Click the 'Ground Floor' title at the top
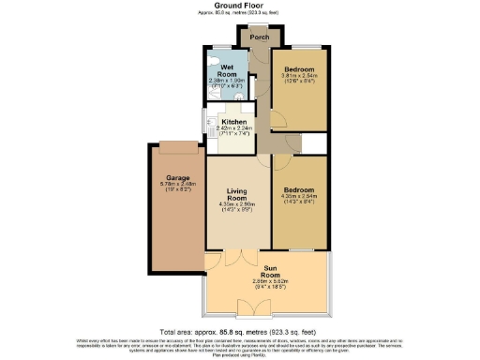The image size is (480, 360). point(239,5)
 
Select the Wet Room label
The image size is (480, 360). point(225,68)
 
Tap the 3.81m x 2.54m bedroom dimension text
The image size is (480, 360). point(300,79)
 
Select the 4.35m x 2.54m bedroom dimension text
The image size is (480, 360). point(300,197)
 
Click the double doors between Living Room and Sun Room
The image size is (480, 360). point(246,254)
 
